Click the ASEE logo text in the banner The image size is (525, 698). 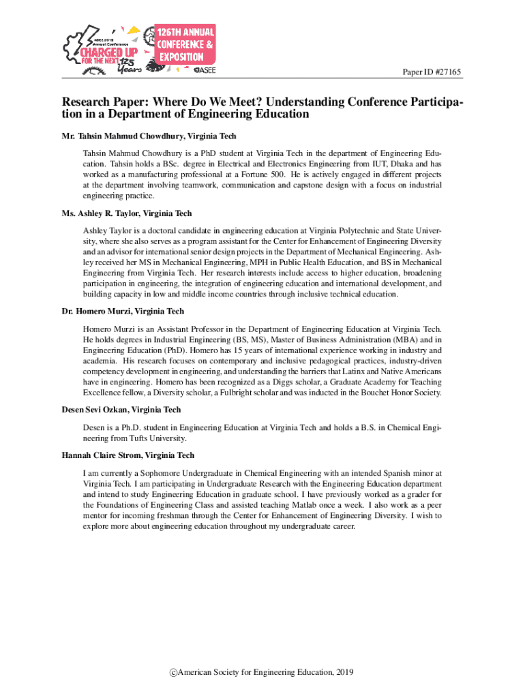coord(205,70)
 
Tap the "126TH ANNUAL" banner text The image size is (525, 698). coord(186,32)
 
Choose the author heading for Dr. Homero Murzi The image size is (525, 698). coord(122,312)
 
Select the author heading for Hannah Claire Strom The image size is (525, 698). coord(127,455)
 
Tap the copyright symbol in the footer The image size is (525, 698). coord(173,672)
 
